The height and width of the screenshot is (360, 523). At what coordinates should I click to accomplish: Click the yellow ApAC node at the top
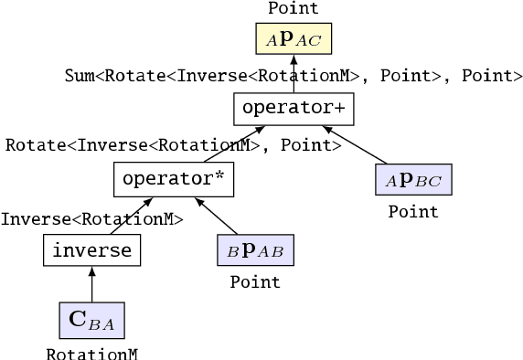(293, 39)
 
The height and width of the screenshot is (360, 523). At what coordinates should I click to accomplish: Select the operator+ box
(293, 109)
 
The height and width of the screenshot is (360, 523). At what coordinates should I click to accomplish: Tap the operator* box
(174, 178)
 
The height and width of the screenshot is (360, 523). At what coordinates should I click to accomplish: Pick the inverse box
(92, 249)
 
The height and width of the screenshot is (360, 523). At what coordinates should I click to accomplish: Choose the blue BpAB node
(255, 249)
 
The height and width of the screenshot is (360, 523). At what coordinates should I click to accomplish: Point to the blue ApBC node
(413, 179)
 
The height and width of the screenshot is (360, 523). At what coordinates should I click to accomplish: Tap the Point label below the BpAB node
(255, 282)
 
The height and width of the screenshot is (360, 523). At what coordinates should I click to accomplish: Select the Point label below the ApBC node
(413, 212)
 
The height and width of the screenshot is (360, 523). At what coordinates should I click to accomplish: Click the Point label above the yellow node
(293, 8)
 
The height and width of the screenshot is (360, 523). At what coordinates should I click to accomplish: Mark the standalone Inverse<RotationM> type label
(92, 218)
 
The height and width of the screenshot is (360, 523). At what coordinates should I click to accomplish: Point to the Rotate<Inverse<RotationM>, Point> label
(167, 144)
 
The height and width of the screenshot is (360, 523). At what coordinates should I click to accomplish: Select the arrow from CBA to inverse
(92, 284)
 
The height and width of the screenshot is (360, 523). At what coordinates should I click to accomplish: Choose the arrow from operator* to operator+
(228, 145)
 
